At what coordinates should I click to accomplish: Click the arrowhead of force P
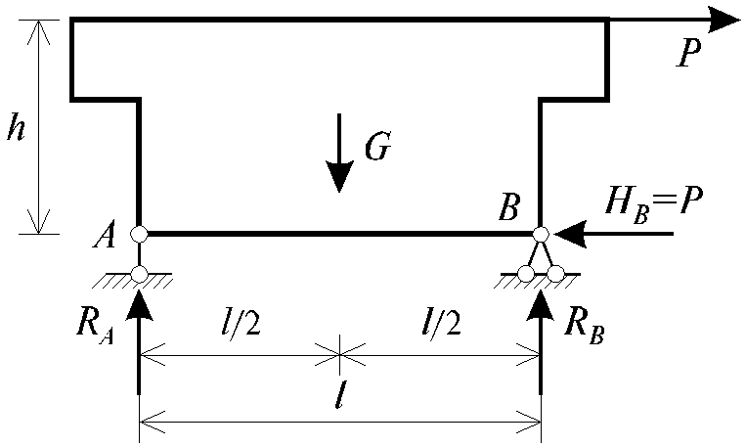click(724, 20)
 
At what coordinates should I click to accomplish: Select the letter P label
click(689, 53)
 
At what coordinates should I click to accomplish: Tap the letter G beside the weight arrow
click(378, 145)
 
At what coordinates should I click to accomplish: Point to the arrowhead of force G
click(338, 176)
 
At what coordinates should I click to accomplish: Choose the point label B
click(509, 207)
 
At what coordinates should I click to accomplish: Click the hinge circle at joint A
click(139, 234)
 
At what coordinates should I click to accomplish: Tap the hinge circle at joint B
click(541, 234)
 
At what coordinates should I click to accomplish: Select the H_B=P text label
click(653, 202)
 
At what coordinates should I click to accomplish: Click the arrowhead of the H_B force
click(569, 234)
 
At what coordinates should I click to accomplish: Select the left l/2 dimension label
click(242, 325)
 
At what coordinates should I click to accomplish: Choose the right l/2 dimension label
click(442, 325)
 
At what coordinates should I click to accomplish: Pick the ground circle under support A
click(139, 274)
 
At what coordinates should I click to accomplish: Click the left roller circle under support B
click(526, 274)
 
